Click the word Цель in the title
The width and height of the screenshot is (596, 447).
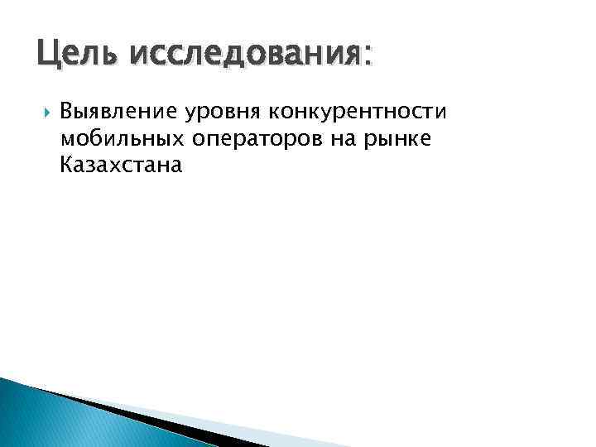[x=69, y=56]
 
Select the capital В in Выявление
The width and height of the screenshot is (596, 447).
[x=67, y=111]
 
